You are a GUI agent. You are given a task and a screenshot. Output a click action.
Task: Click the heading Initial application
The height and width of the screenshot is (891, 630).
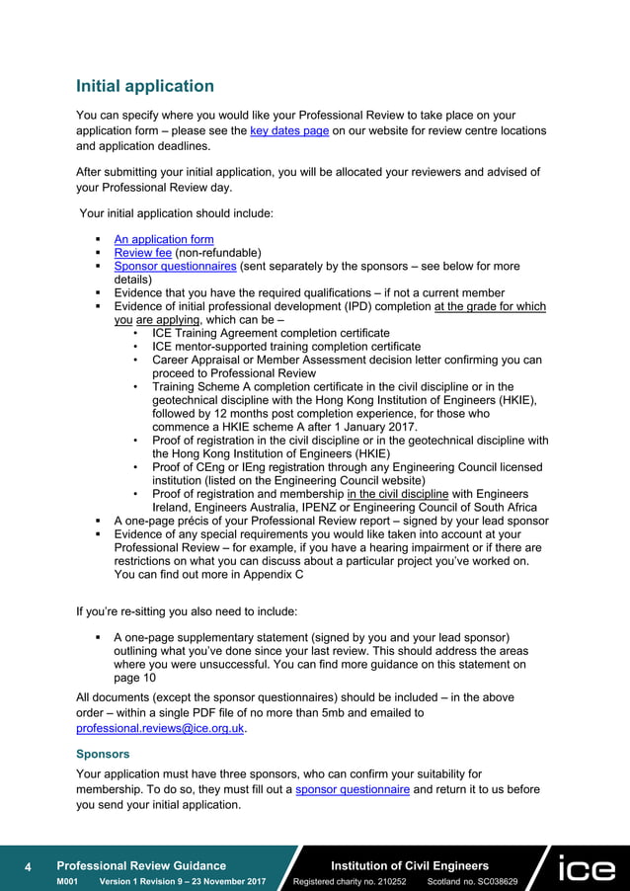point(145,86)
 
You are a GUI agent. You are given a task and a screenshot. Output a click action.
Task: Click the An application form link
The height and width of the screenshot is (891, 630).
point(164,239)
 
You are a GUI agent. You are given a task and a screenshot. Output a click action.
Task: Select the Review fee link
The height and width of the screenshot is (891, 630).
point(142,253)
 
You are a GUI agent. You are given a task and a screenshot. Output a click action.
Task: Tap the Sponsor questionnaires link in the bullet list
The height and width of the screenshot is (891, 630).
point(175,267)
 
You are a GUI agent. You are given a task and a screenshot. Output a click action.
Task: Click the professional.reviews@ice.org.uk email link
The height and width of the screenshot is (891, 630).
point(160,728)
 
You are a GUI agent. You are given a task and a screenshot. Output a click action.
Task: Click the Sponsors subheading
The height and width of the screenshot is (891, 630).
point(104,752)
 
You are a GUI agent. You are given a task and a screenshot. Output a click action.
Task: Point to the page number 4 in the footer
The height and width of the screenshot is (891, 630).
point(28,867)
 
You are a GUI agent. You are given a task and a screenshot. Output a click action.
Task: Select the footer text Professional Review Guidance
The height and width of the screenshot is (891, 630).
point(141,865)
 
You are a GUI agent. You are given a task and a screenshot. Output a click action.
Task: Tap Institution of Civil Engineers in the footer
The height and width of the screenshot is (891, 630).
point(409,865)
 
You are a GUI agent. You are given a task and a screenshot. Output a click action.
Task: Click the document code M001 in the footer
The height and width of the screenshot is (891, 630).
point(67,881)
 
